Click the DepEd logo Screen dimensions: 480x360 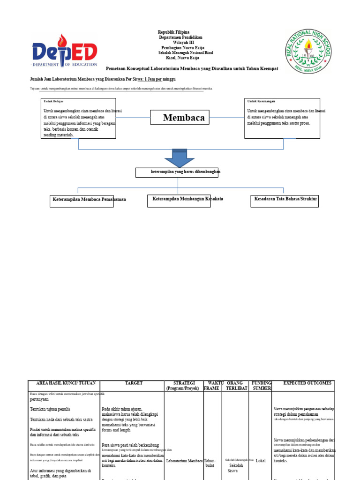[x=65, y=51]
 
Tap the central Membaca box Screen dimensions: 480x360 [x=180, y=117]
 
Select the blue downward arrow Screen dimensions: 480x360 [x=180, y=158]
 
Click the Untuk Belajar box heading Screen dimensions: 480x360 [x=53, y=101]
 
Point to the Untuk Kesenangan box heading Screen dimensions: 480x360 [x=261, y=101]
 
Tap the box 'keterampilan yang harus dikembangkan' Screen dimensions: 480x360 [x=177, y=172]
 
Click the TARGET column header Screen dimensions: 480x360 [x=134, y=383]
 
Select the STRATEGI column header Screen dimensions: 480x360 [x=184, y=386]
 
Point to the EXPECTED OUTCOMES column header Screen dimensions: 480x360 [x=307, y=383]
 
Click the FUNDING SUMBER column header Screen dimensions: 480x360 [x=261, y=386]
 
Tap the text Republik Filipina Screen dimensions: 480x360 [x=173, y=32]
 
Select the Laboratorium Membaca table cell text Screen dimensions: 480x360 [x=184, y=461]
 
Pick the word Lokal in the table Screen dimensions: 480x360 [x=261, y=461]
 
